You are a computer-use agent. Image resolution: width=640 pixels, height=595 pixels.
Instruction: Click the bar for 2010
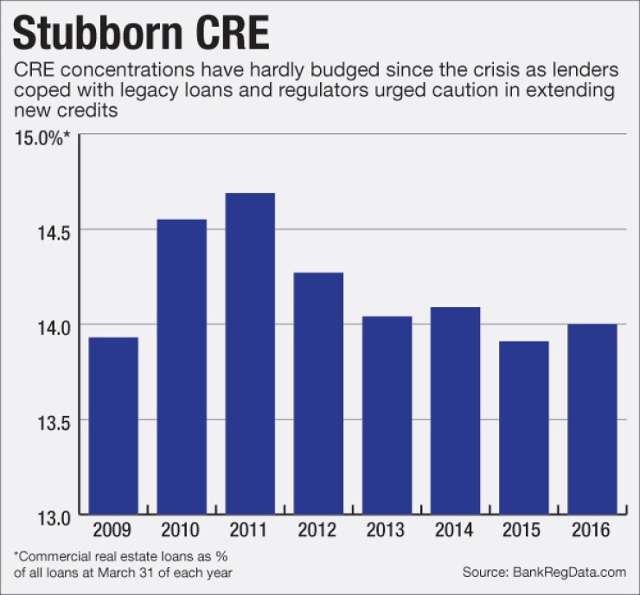[182, 367]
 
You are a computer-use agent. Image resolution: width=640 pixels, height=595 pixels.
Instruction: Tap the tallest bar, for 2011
[250, 354]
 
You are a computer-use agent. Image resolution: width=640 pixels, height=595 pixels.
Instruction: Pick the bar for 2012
[318, 393]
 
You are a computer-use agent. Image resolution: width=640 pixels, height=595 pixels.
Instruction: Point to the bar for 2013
[387, 415]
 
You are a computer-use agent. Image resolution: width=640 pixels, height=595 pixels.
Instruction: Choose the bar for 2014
[455, 411]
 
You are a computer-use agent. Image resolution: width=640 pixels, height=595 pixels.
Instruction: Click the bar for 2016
[592, 419]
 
